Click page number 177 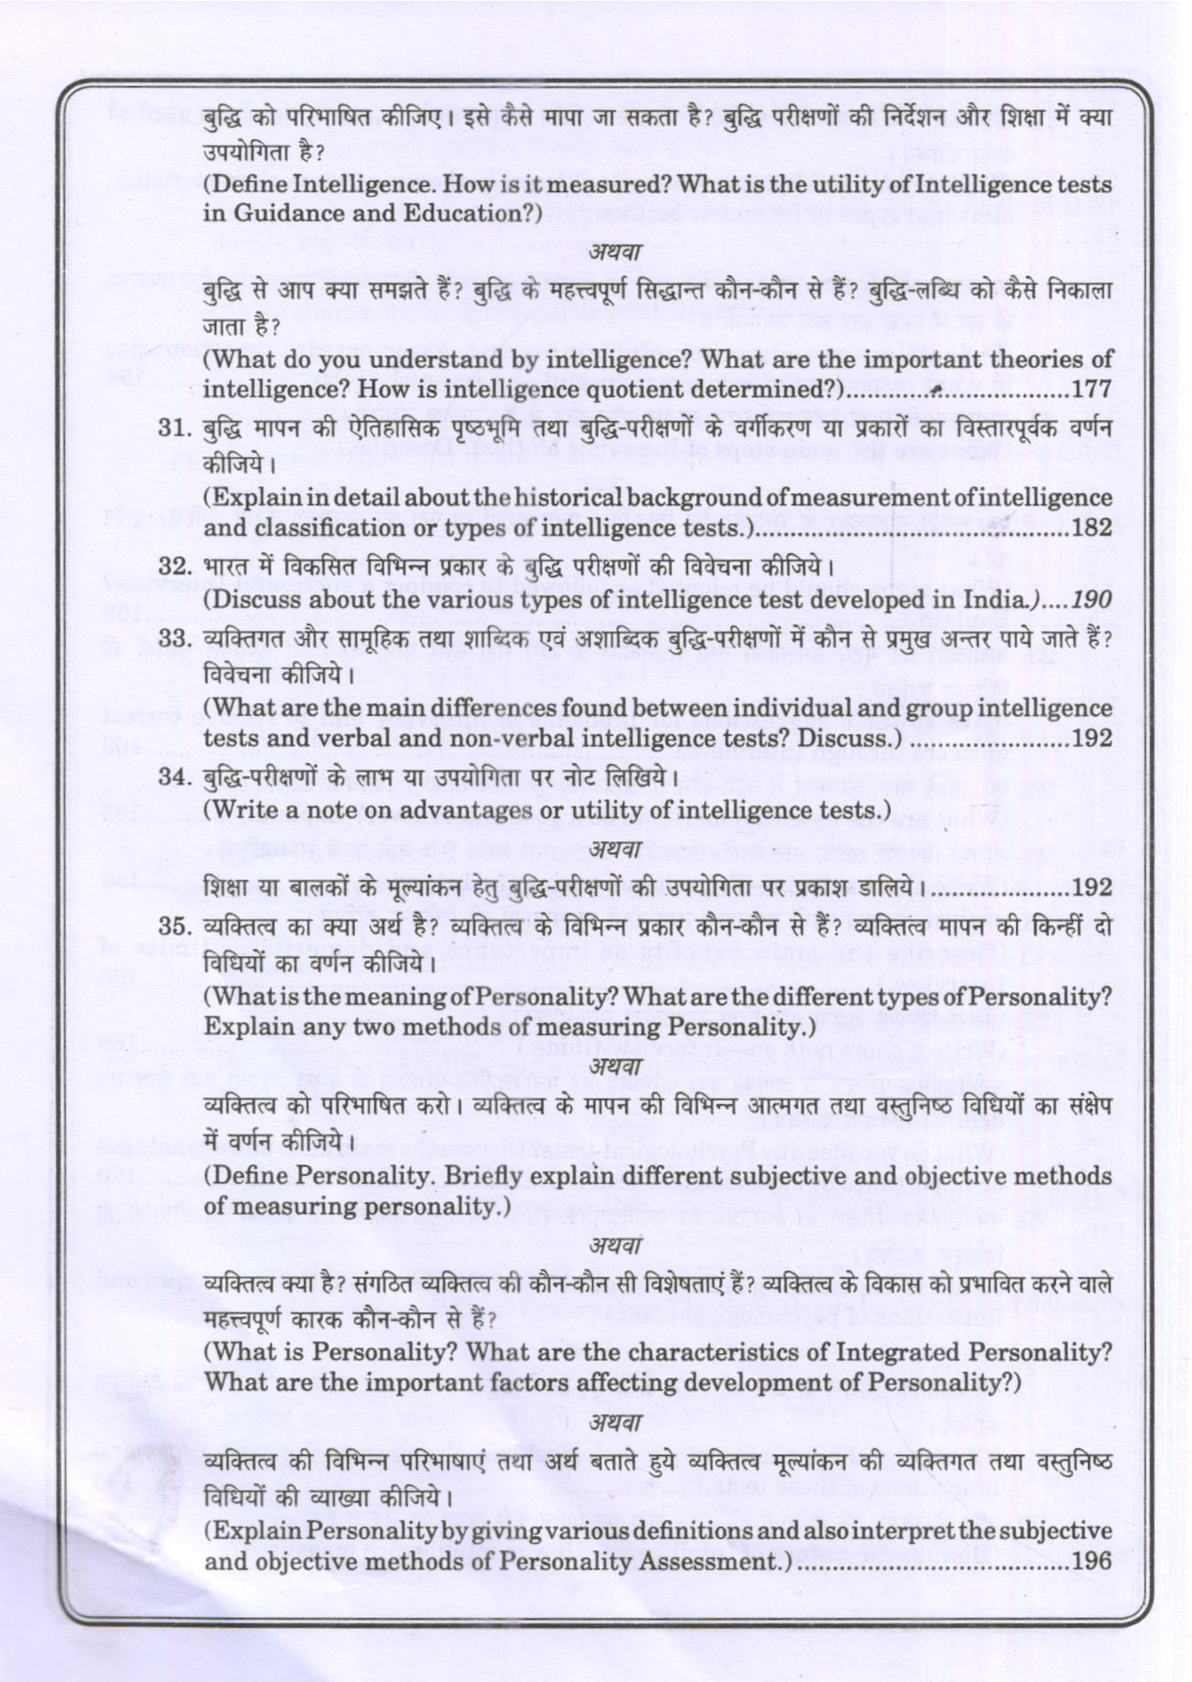pos(1092,389)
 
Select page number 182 pos(1092,528)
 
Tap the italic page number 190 pos(1092,599)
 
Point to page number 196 pos(1092,1560)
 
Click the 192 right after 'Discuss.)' pos(1092,738)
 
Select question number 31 pos(173,429)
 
